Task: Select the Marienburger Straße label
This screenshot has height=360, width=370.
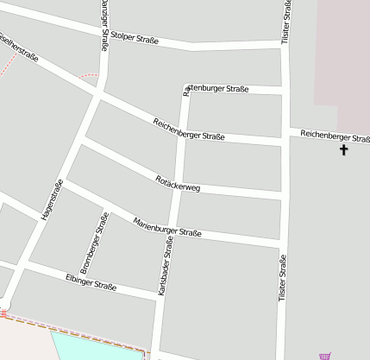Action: click(167, 227)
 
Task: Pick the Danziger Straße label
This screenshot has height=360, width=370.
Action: click(104, 26)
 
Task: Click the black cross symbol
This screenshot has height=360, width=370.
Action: click(343, 150)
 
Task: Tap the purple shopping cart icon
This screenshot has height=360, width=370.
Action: click(325, 355)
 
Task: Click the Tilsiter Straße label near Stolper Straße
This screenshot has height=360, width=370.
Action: click(286, 22)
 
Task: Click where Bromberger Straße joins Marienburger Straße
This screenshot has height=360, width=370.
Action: click(107, 209)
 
